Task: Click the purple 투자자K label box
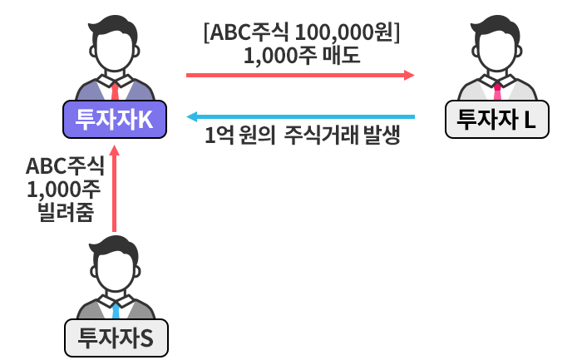pos(115,120)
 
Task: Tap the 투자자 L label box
pos(497,119)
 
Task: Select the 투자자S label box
pos(115,338)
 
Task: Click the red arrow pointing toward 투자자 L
pos(299,75)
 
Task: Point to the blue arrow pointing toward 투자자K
pos(299,116)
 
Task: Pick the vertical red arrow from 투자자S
pos(115,191)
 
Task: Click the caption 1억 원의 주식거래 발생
pos(303,136)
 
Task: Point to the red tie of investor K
pos(115,90)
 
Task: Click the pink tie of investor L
pos(497,90)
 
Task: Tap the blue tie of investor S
pos(115,310)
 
